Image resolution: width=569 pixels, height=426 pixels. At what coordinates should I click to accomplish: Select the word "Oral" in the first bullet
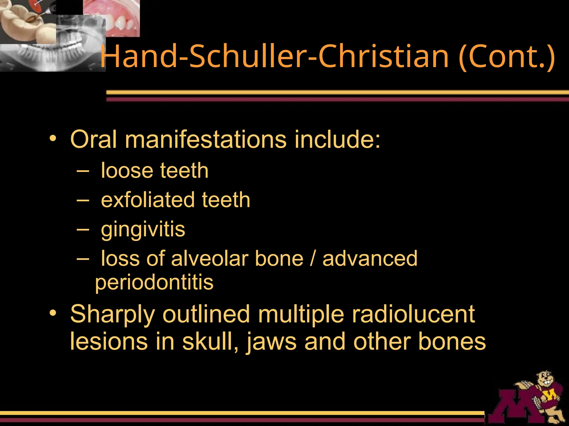click(93, 139)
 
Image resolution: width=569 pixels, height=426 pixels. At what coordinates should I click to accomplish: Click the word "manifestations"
click(206, 139)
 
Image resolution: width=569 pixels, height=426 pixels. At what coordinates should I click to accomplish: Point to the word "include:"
click(337, 139)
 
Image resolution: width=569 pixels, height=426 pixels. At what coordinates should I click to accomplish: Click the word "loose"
click(127, 170)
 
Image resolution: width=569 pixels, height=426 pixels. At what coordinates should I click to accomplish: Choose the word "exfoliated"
click(147, 200)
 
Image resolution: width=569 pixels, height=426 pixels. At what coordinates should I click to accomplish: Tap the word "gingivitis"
click(143, 230)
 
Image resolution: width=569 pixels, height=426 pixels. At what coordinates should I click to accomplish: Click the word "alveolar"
click(210, 258)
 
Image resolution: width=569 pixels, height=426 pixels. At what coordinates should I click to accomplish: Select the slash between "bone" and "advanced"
click(313, 258)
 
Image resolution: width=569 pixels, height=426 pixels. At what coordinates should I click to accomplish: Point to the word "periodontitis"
click(154, 282)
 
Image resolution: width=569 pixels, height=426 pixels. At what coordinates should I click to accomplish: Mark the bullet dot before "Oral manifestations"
click(53, 139)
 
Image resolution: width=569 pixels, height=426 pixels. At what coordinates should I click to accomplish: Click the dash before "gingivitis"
click(83, 229)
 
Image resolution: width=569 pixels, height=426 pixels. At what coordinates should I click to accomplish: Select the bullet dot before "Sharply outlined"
click(53, 313)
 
